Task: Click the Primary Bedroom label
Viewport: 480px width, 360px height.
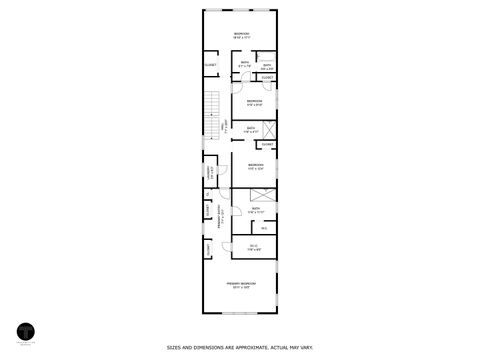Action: pyautogui.click(x=241, y=283)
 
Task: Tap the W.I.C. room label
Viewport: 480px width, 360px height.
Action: pyautogui.click(x=254, y=246)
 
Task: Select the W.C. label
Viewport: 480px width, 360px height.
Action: pyautogui.click(x=263, y=227)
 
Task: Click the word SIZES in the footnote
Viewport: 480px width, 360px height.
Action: pyautogui.click(x=174, y=347)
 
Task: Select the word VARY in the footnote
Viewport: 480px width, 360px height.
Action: pyautogui.click(x=306, y=347)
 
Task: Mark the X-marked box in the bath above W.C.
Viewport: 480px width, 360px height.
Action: pyautogui.click(x=261, y=196)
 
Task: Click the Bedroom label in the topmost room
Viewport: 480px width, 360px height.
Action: pyautogui.click(x=241, y=34)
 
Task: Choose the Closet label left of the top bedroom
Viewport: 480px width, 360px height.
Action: pyautogui.click(x=210, y=65)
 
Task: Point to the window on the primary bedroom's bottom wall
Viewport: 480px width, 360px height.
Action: pyautogui.click(x=241, y=313)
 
